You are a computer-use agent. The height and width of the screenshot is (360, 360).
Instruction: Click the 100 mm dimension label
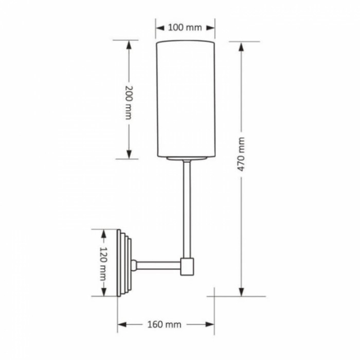pyautogui.click(x=185, y=28)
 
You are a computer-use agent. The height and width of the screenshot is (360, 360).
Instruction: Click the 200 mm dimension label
pyautogui.click(x=129, y=103)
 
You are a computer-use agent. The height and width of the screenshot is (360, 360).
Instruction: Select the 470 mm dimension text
pyautogui.click(x=241, y=154)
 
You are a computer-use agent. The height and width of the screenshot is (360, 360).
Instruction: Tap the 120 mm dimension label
pyautogui.click(x=103, y=264)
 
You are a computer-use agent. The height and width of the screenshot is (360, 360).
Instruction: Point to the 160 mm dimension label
pyautogui.click(x=164, y=325)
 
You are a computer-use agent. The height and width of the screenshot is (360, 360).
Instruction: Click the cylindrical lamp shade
pyautogui.click(x=186, y=99)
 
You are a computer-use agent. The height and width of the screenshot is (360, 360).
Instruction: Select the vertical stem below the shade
pyautogui.click(x=187, y=209)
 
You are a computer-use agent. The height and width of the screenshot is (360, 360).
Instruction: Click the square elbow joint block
pyautogui.click(x=187, y=266)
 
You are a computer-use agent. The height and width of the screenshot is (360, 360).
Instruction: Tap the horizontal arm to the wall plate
pyautogui.click(x=158, y=266)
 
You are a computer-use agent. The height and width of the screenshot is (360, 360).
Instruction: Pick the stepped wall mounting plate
pyautogui.click(x=124, y=263)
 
